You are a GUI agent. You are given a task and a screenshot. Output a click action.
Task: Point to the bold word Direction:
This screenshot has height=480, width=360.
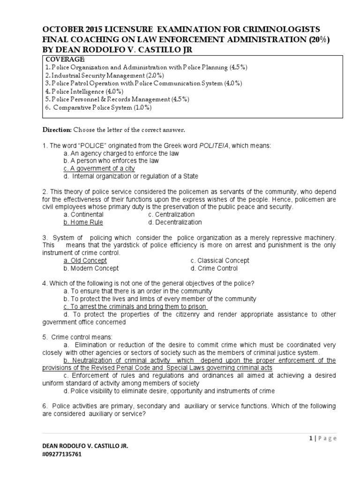click(x=57, y=129)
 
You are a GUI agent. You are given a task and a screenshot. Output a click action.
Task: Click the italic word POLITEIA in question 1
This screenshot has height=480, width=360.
click(x=216, y=146)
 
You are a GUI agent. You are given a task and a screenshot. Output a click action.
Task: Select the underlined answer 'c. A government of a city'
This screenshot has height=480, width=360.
click(x=99, y=168)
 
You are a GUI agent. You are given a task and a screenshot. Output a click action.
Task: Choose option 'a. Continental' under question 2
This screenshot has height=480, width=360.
click(x=83, y=214)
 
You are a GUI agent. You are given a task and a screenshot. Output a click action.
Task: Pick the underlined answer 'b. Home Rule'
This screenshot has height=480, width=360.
click(x=83, y=222)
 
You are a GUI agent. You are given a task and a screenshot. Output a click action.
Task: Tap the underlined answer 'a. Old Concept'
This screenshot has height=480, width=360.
click(x=85, y=260)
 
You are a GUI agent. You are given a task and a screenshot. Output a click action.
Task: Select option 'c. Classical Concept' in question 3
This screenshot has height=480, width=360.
click(x=220, y=260)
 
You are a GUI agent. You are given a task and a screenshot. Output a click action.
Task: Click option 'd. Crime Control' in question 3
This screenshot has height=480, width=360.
click(x=214, y=268)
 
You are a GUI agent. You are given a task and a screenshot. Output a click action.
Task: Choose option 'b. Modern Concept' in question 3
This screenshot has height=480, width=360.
click(x=91, y=268)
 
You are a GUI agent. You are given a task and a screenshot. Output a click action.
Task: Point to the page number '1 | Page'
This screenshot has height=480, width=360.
click(x=323, y=438)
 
